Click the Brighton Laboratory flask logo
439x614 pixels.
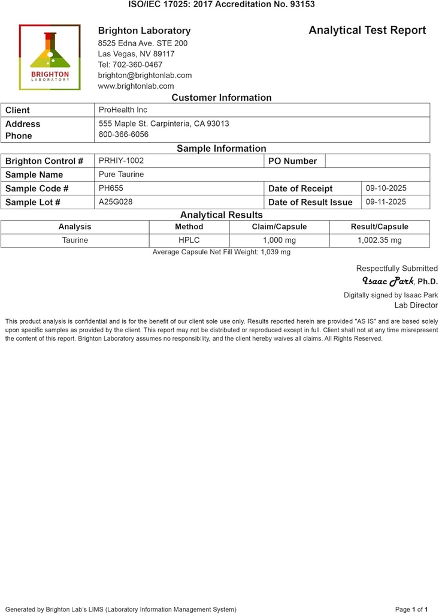50,57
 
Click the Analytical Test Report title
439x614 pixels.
367,30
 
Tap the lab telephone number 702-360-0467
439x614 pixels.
130,65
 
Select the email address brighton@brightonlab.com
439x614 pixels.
144,76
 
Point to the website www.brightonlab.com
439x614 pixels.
135,86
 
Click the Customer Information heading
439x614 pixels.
221,98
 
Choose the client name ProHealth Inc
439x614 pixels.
123,110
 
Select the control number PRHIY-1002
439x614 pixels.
121,161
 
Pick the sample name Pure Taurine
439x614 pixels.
121,174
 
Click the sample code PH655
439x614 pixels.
111,188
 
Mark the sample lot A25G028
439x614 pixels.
116,202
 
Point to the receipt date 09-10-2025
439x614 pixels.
386,188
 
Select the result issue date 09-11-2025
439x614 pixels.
386,202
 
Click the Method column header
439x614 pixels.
189,227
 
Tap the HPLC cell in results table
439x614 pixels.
189,240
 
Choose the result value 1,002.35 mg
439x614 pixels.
379,240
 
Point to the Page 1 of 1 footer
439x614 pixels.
411,609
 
